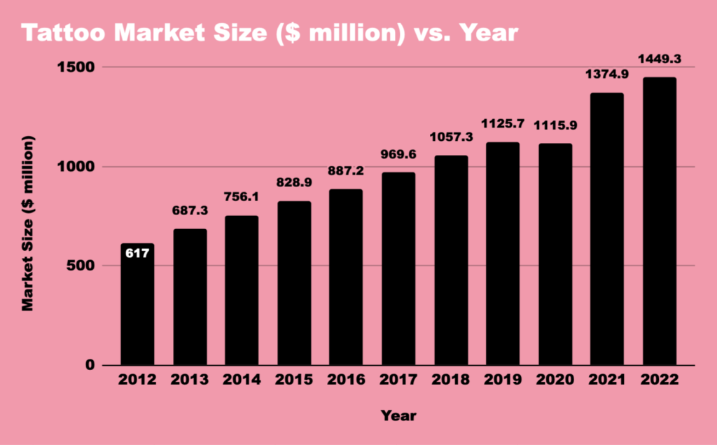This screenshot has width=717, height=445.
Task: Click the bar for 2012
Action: pos(137,305)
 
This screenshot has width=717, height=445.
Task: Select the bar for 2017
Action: pos(398,269)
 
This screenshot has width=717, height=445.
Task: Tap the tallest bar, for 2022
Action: pos(660,221)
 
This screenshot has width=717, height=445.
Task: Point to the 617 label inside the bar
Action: pos(137,252)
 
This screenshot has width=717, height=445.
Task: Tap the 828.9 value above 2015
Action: pos(294,183)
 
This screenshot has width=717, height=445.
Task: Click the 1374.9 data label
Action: pos(607,76)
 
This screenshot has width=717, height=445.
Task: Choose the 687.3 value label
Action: pos(190,210)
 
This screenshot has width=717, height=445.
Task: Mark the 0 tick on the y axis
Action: pos(90,365)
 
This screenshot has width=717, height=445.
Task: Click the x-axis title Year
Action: pos(398,416)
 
